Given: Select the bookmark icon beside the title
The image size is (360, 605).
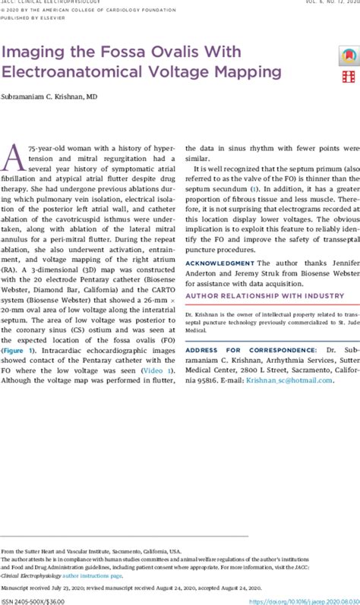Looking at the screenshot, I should (348, 55).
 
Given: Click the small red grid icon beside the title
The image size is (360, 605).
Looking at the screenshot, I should (348, 77).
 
